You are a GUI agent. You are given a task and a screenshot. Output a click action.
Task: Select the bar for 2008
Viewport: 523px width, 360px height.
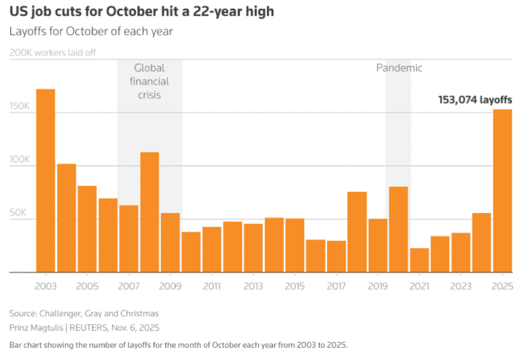click(149, 212)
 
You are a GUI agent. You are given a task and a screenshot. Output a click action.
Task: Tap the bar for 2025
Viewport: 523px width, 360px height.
click(502, 191)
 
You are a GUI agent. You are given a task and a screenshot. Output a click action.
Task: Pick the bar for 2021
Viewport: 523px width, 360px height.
click(420, 260)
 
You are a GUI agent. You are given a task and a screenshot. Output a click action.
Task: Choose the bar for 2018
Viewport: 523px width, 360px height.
click(357, 232)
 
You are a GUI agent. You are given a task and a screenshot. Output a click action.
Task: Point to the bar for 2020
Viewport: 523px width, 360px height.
click(398, 229)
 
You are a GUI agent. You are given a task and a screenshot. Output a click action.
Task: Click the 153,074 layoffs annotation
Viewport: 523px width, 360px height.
click(475, 100)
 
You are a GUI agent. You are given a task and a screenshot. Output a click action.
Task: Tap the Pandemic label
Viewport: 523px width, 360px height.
click(399, 68)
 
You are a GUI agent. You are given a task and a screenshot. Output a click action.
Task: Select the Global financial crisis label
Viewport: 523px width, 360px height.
click(149, 82)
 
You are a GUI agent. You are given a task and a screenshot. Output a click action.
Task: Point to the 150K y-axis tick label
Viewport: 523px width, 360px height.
click(20, 106)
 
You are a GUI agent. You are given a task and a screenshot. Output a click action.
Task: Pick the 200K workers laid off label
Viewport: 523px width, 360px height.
click(54, 53)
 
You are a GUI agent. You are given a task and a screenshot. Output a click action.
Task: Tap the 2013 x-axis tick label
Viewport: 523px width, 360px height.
click(253, 286)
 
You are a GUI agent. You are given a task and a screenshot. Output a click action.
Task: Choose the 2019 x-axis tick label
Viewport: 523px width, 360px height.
click(378, 286)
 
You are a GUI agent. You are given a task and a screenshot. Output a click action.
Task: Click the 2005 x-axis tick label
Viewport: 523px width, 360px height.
click(87, 286)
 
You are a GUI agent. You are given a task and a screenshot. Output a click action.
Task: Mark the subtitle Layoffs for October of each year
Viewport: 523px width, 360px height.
click(91, 31)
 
